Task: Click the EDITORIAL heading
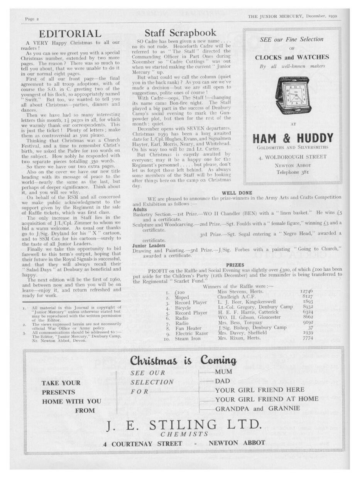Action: (x=70, y=34)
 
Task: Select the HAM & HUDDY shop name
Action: (x=292, y=138)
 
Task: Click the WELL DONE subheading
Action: (x=237, y=193)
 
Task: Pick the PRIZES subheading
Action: (x=235, y=265)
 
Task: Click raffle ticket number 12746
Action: (x=306, y=291)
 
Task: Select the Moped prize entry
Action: (x=182, y=298)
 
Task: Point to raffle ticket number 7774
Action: (x=307, y=339)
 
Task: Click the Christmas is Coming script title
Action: (x=183, y=361)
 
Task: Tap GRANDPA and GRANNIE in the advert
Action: (x=257, y=409)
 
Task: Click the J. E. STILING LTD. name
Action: (x=184, y=426)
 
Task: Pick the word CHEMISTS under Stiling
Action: (x=184, y=434)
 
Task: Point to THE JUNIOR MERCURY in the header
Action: (x=276, y=17)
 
